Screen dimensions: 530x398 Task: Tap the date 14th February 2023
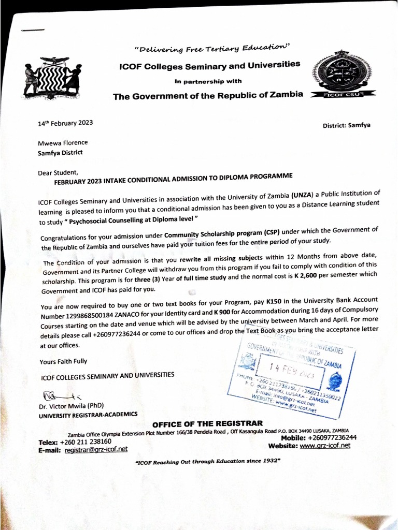(x=65, y=123)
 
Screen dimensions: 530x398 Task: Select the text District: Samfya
(x=346, y=125)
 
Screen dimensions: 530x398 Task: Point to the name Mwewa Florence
(x=63, y=143)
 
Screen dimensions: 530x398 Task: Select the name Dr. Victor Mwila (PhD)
(x=72, y=406)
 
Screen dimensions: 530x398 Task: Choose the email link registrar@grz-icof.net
(x=96, y=449)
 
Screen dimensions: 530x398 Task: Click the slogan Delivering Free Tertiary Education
(x=212, y=48)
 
